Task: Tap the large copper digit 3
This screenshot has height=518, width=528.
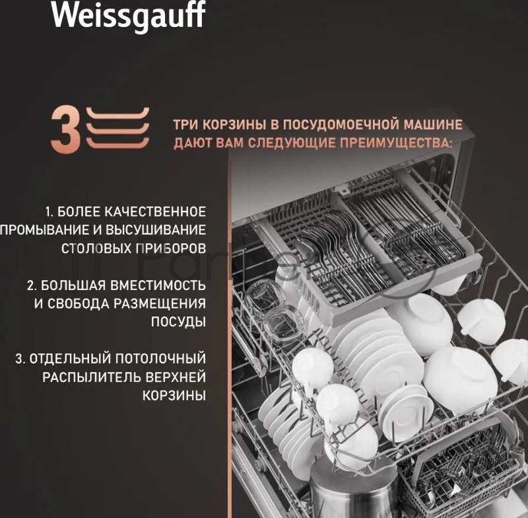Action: pos(66,129)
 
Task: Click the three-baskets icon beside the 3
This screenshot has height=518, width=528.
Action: pos(117,128)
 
